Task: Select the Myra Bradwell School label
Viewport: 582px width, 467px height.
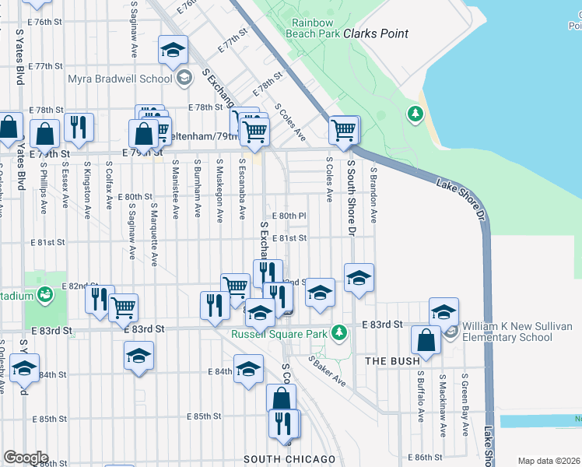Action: (120, 79)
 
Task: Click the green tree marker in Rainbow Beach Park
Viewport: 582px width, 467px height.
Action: (415, 115)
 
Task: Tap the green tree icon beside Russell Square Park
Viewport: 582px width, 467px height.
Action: (338, 333)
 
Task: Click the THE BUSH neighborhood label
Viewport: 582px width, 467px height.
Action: (393, 361)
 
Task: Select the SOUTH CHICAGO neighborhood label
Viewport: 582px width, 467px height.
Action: (289, 459)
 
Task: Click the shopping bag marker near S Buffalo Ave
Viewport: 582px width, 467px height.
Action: (426, 340)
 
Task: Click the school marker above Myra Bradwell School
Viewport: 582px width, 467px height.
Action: (173, 51)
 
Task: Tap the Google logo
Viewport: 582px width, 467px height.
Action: (25, 458)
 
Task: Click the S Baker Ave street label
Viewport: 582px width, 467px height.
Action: (327, 371)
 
